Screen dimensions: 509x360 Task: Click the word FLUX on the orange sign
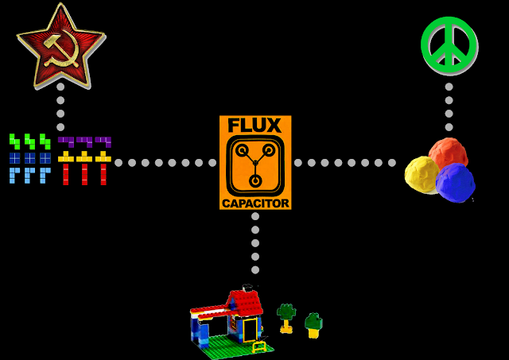(254, 126)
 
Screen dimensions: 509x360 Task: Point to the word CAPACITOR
(255, 203)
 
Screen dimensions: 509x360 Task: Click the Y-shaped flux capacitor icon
(254, 165)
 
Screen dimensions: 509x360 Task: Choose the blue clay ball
(455, 182)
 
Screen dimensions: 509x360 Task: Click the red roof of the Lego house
(244, 303)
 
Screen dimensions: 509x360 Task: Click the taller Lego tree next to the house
(286, 317)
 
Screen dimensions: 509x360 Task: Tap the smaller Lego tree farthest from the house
(314, 325)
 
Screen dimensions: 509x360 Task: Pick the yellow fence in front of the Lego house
(259, 346)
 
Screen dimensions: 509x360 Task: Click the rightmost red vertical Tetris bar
(103, 174)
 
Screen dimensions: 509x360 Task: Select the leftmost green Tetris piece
(14, 141)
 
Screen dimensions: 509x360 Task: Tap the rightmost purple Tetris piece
(103, 141)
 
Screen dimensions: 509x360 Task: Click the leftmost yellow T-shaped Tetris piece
(66, 157)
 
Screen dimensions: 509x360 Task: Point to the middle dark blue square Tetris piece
(29, 157)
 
